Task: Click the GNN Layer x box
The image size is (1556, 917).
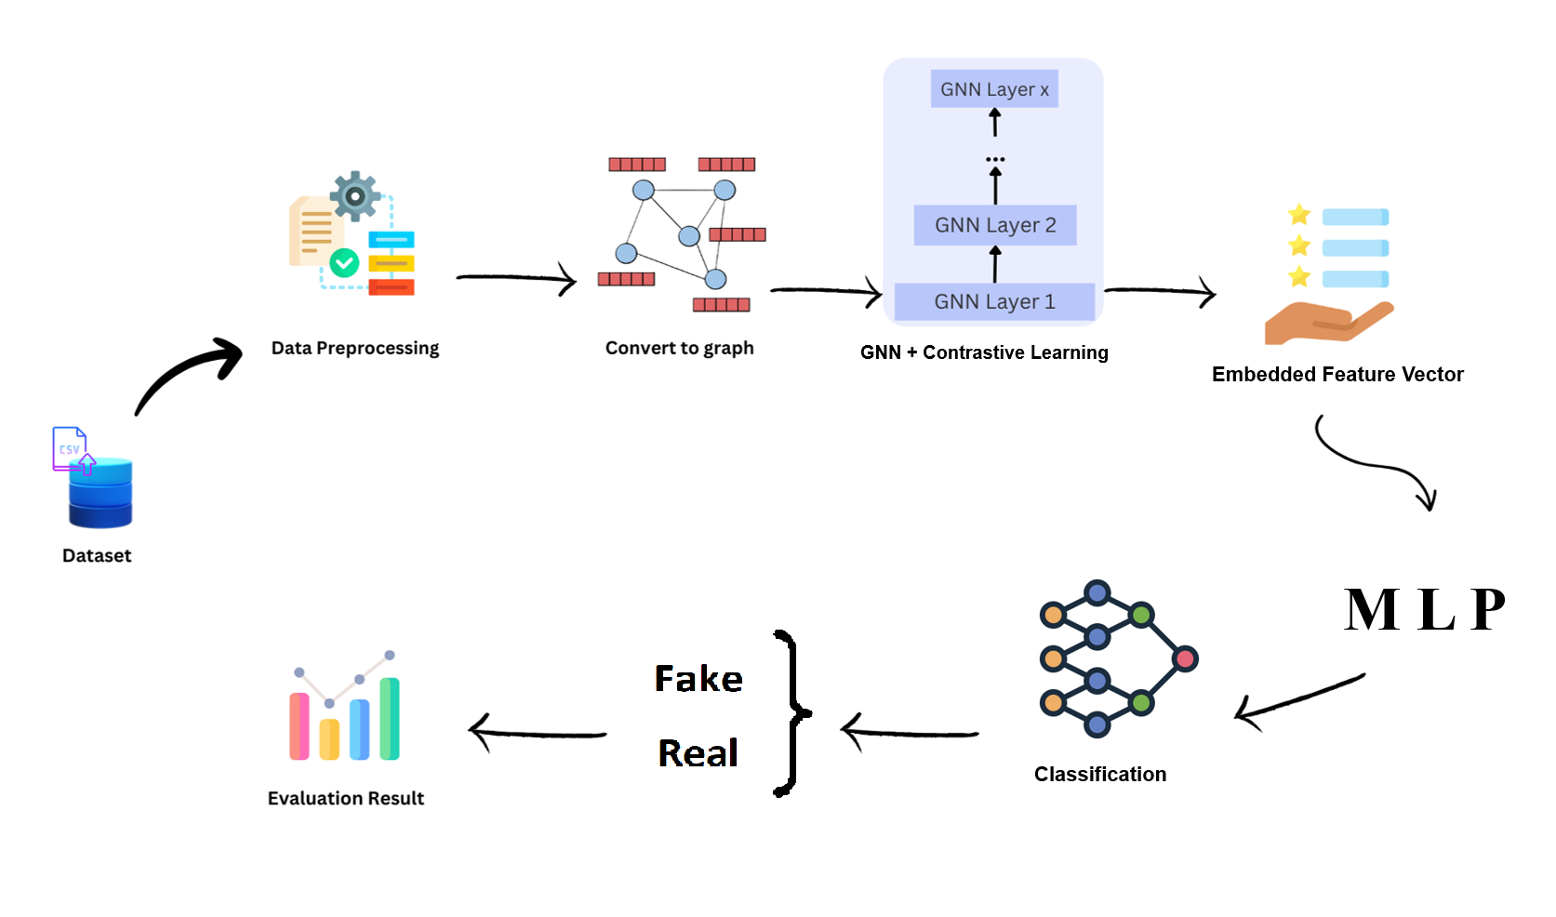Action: (x=994, y=89)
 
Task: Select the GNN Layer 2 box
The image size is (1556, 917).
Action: (x=995, y=225)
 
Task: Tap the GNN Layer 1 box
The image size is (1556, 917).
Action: (x=994, y=301)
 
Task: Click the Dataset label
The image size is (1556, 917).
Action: (x=97, y=555)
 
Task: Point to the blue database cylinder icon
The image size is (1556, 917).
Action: (x=100, y=493)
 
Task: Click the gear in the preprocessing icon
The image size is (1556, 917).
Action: (x=354, y=195)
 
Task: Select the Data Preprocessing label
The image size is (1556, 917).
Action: (x=354, y=348)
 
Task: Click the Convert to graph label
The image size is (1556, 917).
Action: (x=679, y=348)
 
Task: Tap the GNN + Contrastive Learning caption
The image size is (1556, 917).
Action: (x=984, y=352)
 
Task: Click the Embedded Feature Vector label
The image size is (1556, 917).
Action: (x=1337, y=374)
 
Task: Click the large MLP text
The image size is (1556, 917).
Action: (x=1424, y=610)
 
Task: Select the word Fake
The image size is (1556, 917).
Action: (x=698, y=679)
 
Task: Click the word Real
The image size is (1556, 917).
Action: (x=698, y=753)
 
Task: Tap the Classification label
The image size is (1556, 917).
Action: (x=1099, y=774)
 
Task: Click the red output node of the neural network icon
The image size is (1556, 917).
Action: (x=1184, y=659)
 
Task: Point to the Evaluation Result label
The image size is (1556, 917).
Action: (x=345, y=798)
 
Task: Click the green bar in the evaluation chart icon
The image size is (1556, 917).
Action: (x=390, y=718)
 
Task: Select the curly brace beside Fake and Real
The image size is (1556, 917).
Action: (x=791, y=713)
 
